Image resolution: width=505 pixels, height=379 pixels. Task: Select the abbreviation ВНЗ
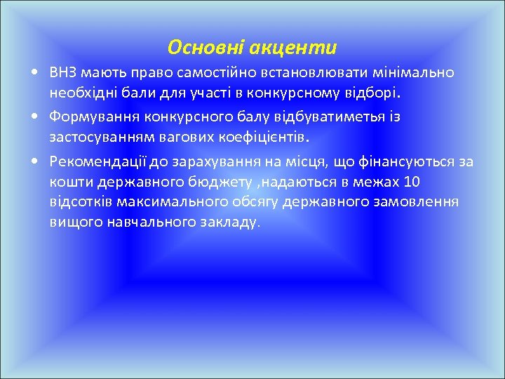tap(63, 72)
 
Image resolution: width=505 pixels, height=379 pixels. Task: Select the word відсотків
tap(79, 202)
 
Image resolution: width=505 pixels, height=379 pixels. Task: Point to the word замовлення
tap(419, 202)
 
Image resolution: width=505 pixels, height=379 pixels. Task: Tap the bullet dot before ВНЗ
tap(35, 73)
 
